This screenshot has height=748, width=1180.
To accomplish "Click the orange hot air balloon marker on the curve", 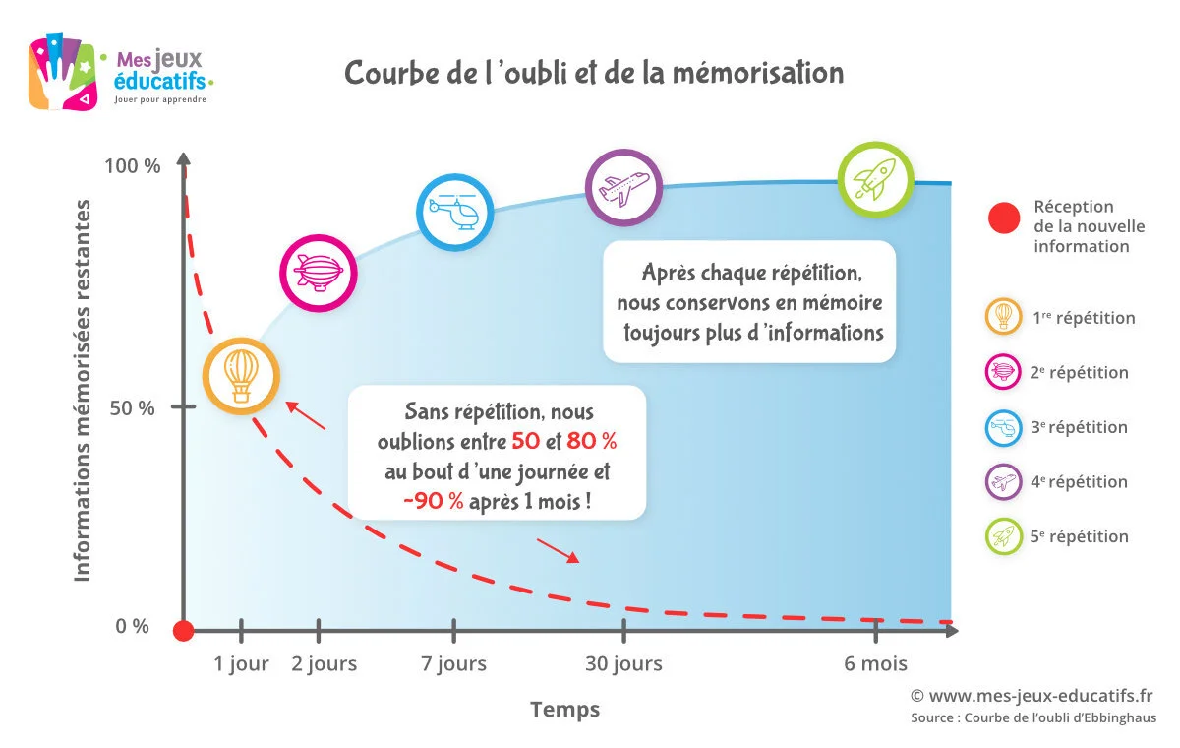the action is click(x=242, y=374).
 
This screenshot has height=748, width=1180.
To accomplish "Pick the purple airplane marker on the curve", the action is click(x=623, y=187).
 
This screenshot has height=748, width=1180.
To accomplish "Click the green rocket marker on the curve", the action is click(x=875, y=180).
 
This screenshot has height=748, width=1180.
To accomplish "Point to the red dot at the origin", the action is click(x=183, y=631).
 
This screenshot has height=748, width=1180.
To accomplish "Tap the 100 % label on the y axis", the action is click(x=132, y=166).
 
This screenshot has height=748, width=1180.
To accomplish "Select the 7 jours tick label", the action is click(x=453, y=664).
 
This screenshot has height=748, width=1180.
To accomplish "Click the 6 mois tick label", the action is click(x=875, y=664).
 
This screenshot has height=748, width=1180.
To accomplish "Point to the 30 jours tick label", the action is click(x=623, y=664).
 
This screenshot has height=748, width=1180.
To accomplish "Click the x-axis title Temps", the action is click(x=564, y=709).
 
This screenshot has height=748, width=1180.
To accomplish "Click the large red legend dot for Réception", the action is click(x=1004, y=218).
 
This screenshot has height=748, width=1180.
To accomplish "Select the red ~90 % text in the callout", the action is click(x=433, y=500).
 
